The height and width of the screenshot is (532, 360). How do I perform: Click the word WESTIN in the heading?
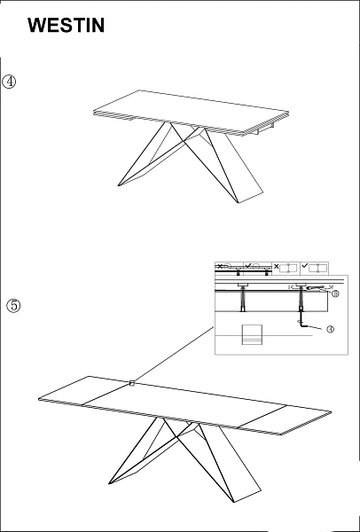66,26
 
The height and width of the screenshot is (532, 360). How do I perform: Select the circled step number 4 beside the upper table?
9,82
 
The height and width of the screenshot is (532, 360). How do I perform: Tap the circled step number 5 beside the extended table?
13,305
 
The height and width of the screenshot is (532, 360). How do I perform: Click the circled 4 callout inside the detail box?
330,329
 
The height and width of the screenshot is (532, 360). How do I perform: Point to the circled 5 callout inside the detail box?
335,293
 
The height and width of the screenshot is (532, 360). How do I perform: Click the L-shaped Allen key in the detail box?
303,325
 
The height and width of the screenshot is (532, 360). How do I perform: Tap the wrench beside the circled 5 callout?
316,288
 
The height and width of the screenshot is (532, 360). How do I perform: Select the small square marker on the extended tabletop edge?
132,383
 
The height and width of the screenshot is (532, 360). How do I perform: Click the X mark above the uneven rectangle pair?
276,267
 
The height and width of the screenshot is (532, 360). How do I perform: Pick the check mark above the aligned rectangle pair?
305,266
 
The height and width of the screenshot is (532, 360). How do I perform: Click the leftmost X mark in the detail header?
220,266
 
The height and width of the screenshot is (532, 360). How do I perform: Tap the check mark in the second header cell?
248,266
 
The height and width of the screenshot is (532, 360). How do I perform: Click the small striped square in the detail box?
252,335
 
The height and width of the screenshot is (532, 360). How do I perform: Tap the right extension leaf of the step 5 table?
285,419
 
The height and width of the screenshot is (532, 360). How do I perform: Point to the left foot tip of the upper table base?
118,185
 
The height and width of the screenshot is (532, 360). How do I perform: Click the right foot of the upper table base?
251,198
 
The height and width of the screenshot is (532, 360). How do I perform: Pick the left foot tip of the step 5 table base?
109,483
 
